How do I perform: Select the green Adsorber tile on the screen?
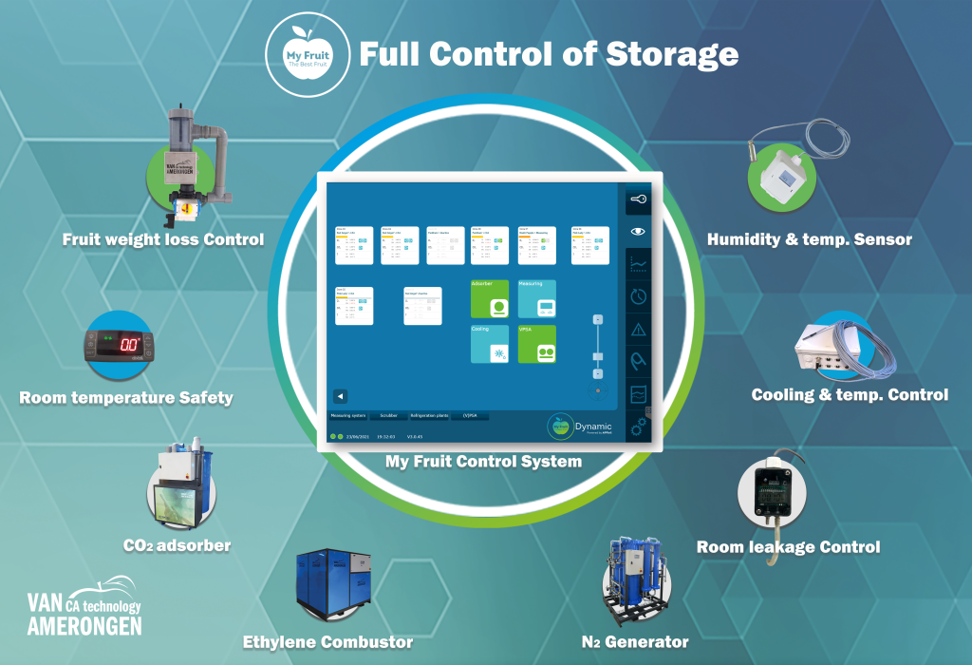493,297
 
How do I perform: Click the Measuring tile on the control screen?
537,297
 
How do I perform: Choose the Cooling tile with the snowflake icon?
493,342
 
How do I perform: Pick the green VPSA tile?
537,342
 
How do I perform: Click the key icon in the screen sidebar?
639,199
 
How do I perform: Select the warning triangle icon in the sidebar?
639,329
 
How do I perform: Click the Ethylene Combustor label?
328,642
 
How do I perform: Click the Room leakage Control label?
788,547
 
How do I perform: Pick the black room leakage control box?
779,490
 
